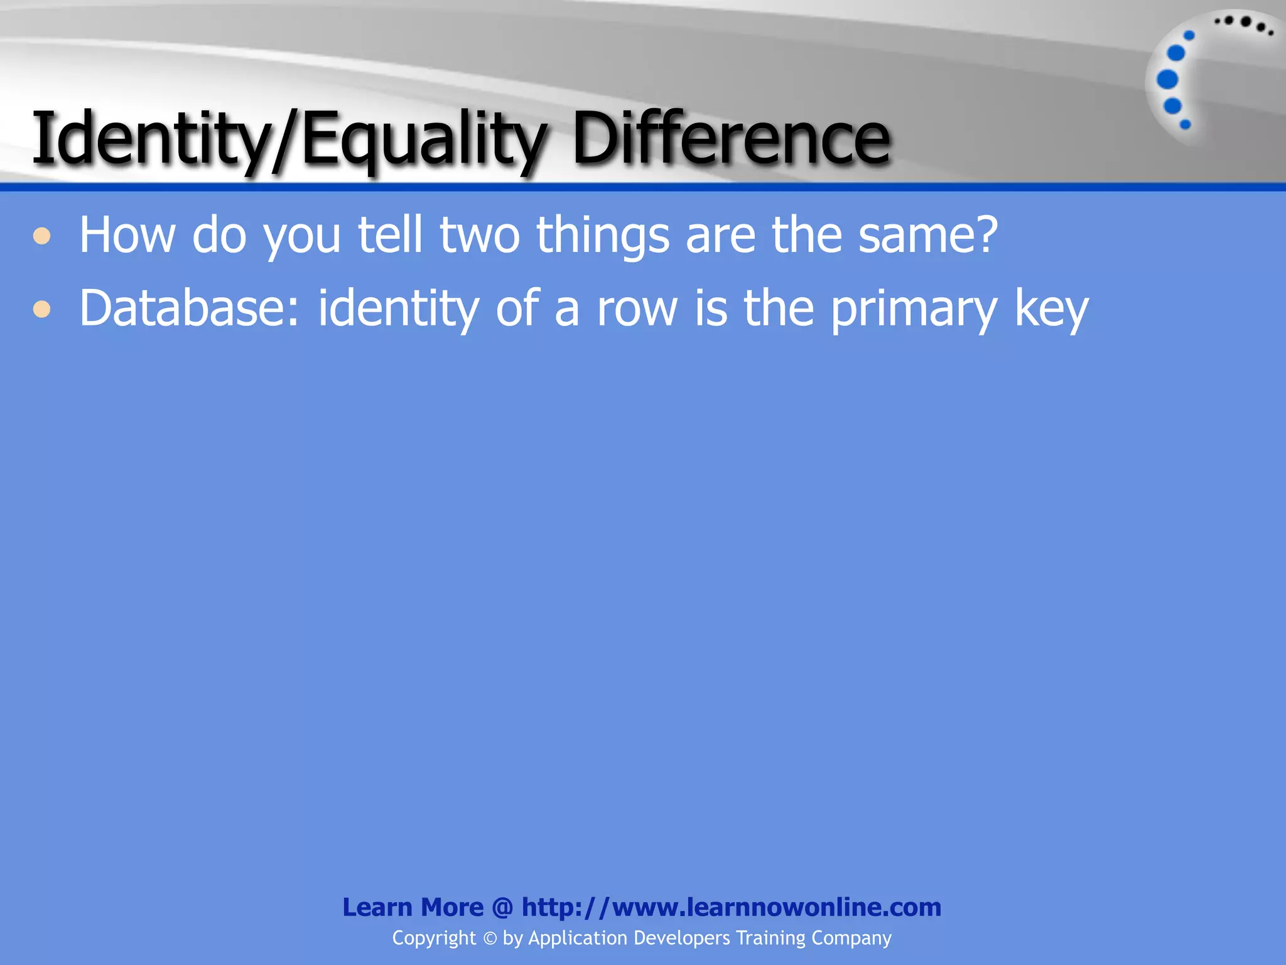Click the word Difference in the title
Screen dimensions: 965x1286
click(x=731, y=138)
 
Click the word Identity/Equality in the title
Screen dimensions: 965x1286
click(x=289, y=139)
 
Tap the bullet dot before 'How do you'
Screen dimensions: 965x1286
click(x=42, y=236)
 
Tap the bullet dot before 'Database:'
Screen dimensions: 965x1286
click(x=42, y=309)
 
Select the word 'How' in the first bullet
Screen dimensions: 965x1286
click(x=127, y=235)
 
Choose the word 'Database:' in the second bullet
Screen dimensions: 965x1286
click(x=189, y=308)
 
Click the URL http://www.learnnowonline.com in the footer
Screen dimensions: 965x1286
click(x=732, y=907)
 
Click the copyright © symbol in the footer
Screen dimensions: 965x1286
click(x=490, y=939)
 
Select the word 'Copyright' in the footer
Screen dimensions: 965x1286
click(x=434, y=938)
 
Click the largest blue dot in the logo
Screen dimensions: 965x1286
click(x=1167, y=80)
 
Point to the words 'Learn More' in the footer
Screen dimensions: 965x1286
click(x=413, y=907)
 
